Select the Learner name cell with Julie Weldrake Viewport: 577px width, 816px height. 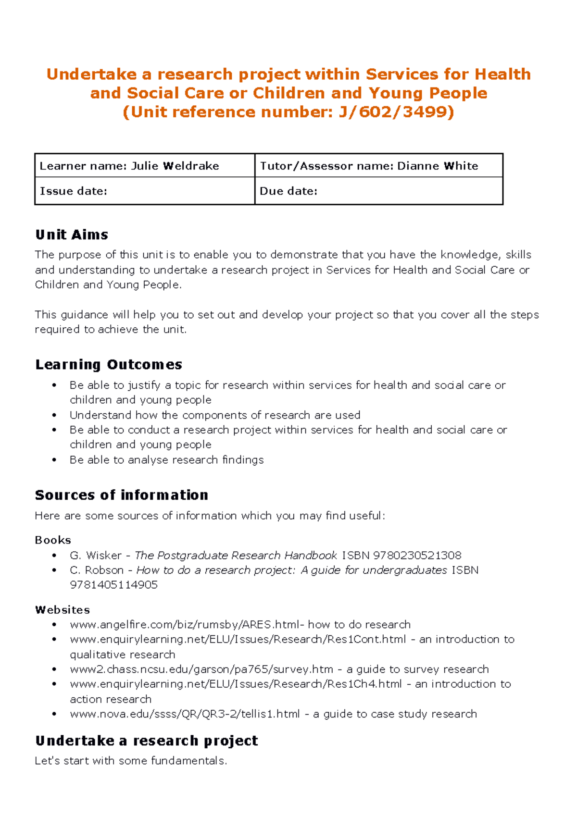coord(144,166)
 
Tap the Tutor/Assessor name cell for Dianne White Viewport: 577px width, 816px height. coord(378,166)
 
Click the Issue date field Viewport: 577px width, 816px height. coord(144,191)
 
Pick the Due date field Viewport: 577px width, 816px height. coord(378,191)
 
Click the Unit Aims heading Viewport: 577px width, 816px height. coord(72,235)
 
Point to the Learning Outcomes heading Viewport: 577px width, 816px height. coord(109,365)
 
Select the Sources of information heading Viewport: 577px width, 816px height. coord(122,495)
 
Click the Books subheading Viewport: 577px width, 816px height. coord(53,540)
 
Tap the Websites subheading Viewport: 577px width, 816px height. coord(63,610)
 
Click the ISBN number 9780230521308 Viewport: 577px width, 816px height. coord(417,556)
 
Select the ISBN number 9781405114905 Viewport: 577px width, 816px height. coord(113,585)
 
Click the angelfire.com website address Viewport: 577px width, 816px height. coord(185,625)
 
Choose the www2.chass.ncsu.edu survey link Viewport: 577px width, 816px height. coord(201,669)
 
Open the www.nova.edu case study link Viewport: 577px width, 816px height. coord(185,714)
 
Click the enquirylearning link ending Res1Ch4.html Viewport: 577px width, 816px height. coord(236,684)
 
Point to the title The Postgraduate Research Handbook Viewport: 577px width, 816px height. coord(236,556)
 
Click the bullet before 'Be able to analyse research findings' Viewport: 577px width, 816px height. coord(54,460)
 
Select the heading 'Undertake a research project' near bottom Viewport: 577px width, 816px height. coord(147,741)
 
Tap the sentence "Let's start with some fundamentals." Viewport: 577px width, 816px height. coord(130,761)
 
